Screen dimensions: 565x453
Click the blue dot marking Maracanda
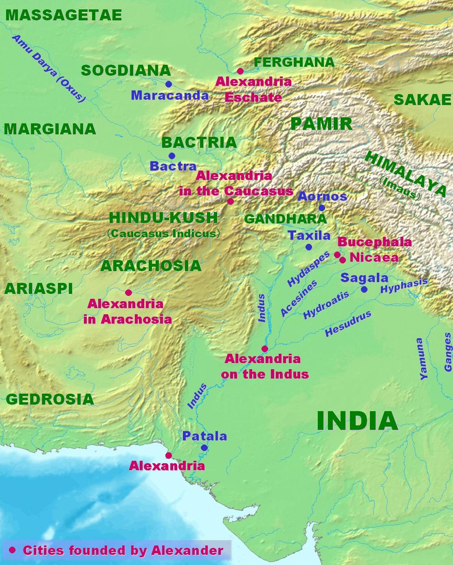pos(169,84)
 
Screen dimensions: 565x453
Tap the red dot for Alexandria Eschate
pos(240,71)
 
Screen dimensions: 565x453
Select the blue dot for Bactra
pos(172,156)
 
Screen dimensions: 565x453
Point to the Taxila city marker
pos(309,247)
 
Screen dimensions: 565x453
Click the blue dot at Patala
pos(205,448)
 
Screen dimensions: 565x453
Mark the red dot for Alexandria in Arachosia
pos(128,293)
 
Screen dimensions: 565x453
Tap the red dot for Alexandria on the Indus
pos(265,349)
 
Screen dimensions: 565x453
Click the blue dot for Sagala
pos(364,289)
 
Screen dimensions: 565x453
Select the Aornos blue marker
pos(322,208)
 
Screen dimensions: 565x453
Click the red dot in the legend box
pos(12,550)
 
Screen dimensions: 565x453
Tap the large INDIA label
pos(357,421)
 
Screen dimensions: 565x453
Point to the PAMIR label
pos(321,124)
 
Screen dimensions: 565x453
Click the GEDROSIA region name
pos(50,399)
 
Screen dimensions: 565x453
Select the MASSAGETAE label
pos(64,15)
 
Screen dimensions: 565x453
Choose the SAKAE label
pos(422,100)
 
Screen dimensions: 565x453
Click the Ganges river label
pos(448,352)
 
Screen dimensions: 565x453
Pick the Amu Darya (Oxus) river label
pos(49,68)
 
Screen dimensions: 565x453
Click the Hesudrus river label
pos(348,324)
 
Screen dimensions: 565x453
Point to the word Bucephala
pos(374,242)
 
